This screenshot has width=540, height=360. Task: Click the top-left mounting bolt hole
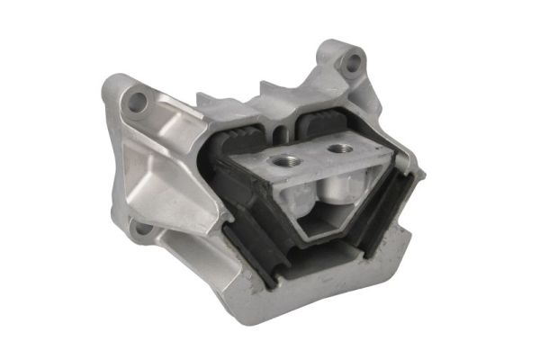coord(137,102)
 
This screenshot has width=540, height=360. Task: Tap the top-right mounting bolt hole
coord(353,62)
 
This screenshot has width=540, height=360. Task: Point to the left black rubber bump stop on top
coord(237,138)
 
